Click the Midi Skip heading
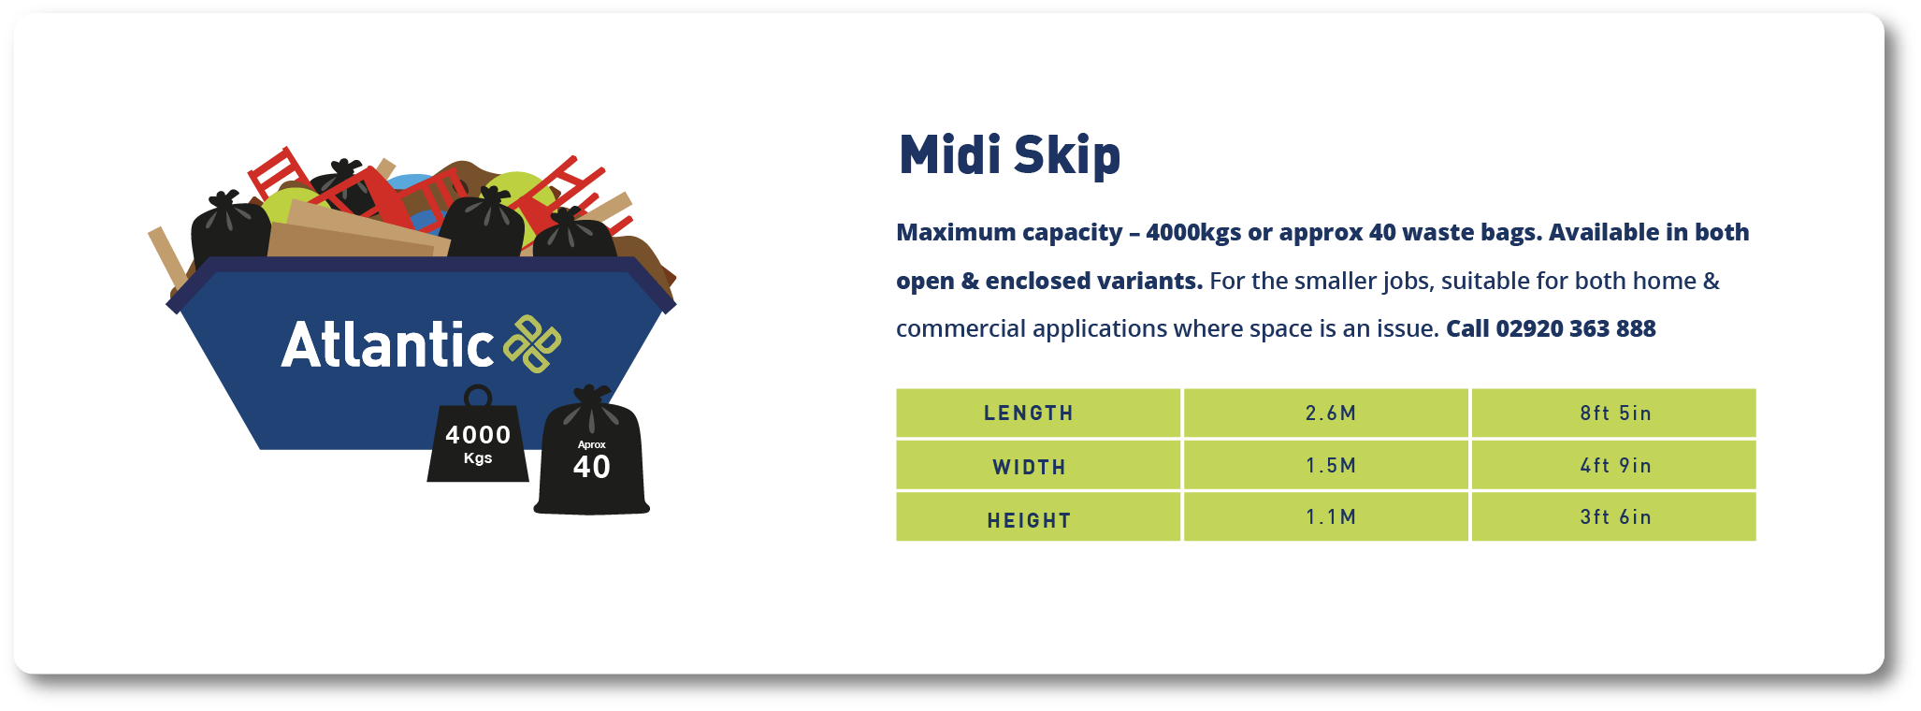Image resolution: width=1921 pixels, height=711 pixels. click(1009, 155)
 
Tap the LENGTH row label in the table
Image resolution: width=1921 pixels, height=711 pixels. click(1029, 414)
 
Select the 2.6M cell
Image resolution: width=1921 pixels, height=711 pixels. click(1330, 414)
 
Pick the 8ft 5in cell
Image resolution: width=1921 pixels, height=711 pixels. click(1615, 414)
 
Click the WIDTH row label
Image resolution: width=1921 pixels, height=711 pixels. click(1029, 467)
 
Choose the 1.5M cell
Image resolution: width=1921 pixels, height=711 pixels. click(1330, 466)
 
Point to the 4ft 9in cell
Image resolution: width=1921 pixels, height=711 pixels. click(1615, 466)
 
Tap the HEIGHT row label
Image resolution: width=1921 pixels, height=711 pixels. click(1029, 520)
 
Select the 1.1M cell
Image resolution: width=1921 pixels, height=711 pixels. click(1330, 517)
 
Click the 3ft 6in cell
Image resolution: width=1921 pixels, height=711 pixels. click(1615, 517)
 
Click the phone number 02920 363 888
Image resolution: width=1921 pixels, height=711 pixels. click(1575, 329)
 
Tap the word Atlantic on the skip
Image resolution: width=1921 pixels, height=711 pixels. click(387, 345)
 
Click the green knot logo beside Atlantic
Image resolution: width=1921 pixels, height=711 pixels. click(532, 343)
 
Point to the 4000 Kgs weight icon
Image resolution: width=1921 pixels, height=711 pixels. click(478, 445)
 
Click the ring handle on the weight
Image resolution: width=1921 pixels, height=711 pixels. click(478, 396)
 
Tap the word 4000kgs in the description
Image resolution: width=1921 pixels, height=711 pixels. click(1193, 233)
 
